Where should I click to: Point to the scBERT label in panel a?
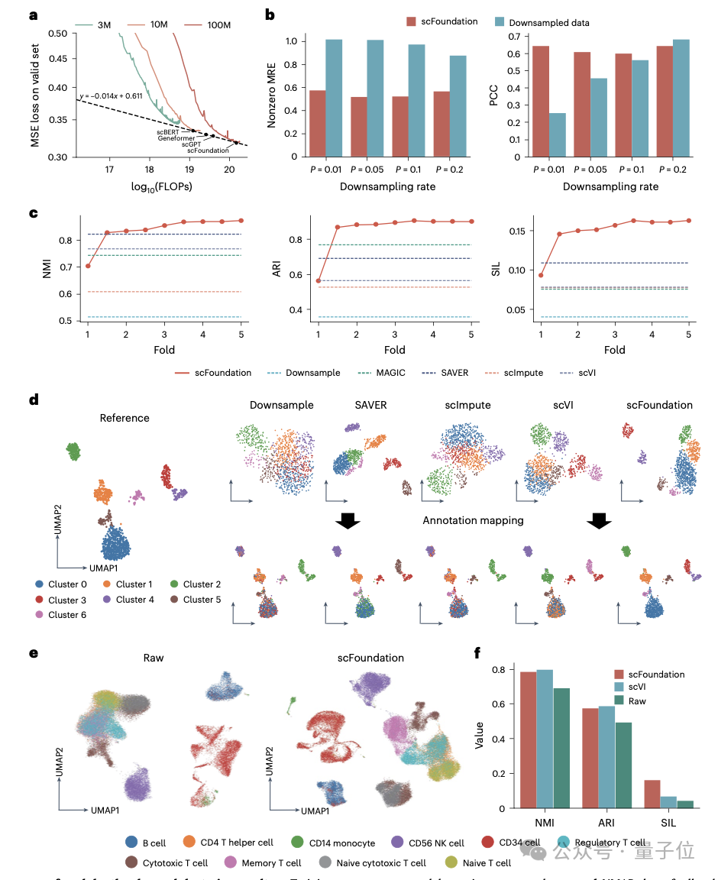pyautogui.click(x=168, y=131)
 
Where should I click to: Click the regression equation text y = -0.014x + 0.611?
pyautogui.click(x=111, y=96)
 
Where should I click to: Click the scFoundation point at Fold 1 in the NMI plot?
pyautogui.click(x=88, y=266)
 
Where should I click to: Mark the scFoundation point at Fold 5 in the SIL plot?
pyautogui.click(x=689, y=221)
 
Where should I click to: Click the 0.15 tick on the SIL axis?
pyautogui.click(x=516, y=231)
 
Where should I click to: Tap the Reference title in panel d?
pyautogui.click(x=125, y=418)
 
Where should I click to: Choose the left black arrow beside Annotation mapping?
pyautogui.click(x=348, y=520)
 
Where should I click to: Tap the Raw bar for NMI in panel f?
pyautogui.click(x=562, y=748)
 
